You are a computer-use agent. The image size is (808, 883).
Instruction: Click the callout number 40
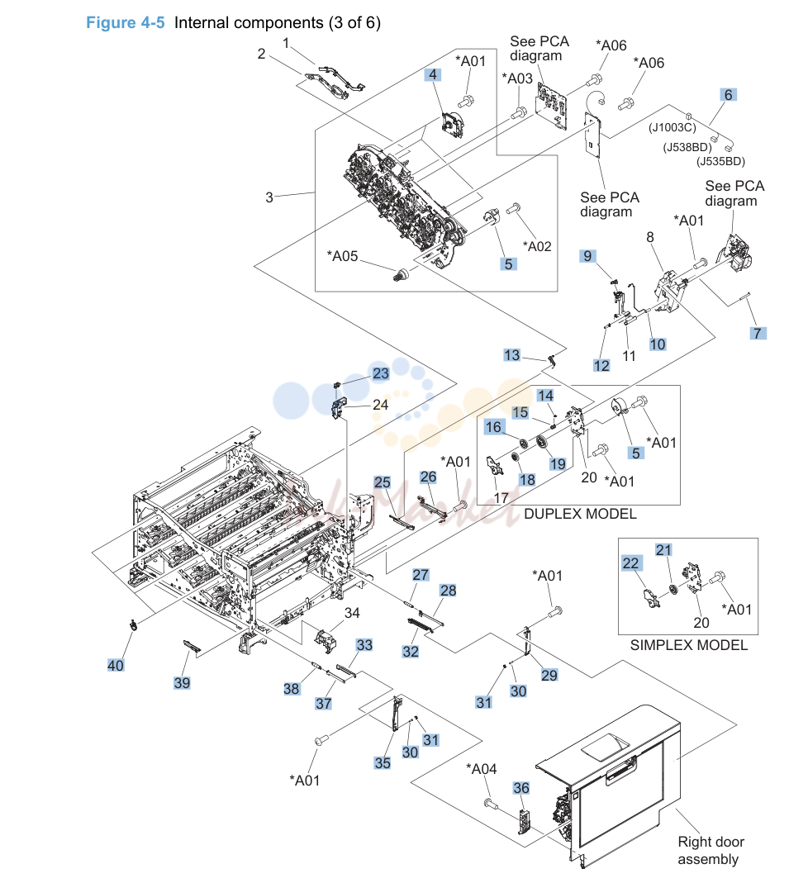tap(116, 665)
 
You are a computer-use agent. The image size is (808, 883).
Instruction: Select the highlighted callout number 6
tap(728, 95)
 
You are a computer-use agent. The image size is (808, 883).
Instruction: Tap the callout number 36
tap(520, 788)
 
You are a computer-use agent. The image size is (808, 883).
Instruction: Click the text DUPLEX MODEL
tap(580, 514)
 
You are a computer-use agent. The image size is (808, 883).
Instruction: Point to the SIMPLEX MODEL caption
tap(689, 645)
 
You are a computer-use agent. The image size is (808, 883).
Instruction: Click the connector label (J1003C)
tap(673, 128)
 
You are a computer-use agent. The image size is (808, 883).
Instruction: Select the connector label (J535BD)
tap(720, 162)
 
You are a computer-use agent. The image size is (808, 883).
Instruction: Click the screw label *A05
tap(342, 256)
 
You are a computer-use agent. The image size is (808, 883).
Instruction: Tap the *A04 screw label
tap(482, 769)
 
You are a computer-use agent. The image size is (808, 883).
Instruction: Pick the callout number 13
tap(512, 355)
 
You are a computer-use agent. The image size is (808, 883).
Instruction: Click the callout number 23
tap(381, 373)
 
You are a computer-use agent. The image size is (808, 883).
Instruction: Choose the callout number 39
tap(182, 682)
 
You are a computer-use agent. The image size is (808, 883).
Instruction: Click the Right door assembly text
tap(711, 850)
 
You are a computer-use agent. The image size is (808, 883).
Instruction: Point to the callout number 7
tap(758, 333)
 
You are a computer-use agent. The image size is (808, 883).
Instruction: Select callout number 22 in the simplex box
tap(630, 563)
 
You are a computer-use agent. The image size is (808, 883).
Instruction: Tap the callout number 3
tap(269, 197)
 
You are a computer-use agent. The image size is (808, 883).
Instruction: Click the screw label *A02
tap(537, 246)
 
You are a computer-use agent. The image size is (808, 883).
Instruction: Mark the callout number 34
tap(352, 613)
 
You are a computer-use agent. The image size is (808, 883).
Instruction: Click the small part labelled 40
tap(133, 624)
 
